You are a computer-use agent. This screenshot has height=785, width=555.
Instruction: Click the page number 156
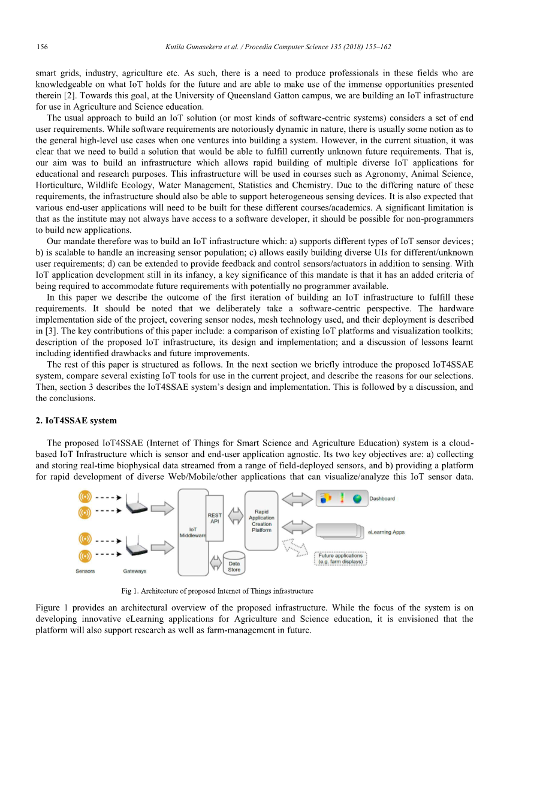[42, 47]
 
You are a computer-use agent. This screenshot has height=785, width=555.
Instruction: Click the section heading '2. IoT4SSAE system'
[76, 420]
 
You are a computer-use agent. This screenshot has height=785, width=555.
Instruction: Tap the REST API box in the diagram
[215, 518]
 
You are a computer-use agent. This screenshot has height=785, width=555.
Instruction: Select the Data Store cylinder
[234, 564]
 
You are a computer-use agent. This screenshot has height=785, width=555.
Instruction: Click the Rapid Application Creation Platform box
[261, 521]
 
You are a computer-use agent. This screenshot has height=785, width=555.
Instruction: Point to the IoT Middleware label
[192, 533]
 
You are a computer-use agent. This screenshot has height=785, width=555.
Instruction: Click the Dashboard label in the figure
[382, 498]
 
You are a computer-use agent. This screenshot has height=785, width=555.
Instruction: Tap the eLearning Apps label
[386, 532]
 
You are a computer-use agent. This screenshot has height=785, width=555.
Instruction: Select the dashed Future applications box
[340, 559]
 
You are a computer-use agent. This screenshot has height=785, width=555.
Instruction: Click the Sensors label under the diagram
[85, 571]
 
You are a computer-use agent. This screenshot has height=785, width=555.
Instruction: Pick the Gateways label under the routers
[135, 571]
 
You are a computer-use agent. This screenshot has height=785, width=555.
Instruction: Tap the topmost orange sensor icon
[85, 497]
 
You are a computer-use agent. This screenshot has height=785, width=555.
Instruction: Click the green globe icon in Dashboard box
[357, 498]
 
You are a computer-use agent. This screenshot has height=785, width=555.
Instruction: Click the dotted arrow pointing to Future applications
[294, 546]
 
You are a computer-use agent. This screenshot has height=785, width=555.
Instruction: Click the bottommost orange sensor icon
[85, 555]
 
